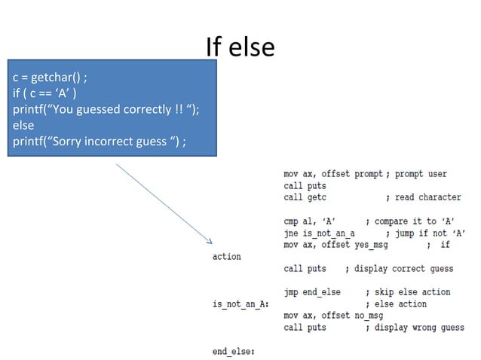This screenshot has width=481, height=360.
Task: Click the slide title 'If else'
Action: (240, 47)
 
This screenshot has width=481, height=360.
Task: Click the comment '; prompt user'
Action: (416, 174)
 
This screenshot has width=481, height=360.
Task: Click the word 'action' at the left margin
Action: (228, 257)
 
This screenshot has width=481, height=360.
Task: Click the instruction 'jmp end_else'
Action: (312, 292)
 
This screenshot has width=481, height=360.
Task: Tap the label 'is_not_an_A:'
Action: (241, 304)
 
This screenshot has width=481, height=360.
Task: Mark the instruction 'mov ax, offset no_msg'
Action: (333, 316)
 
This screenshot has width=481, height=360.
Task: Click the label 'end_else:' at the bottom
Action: (234, 351)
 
